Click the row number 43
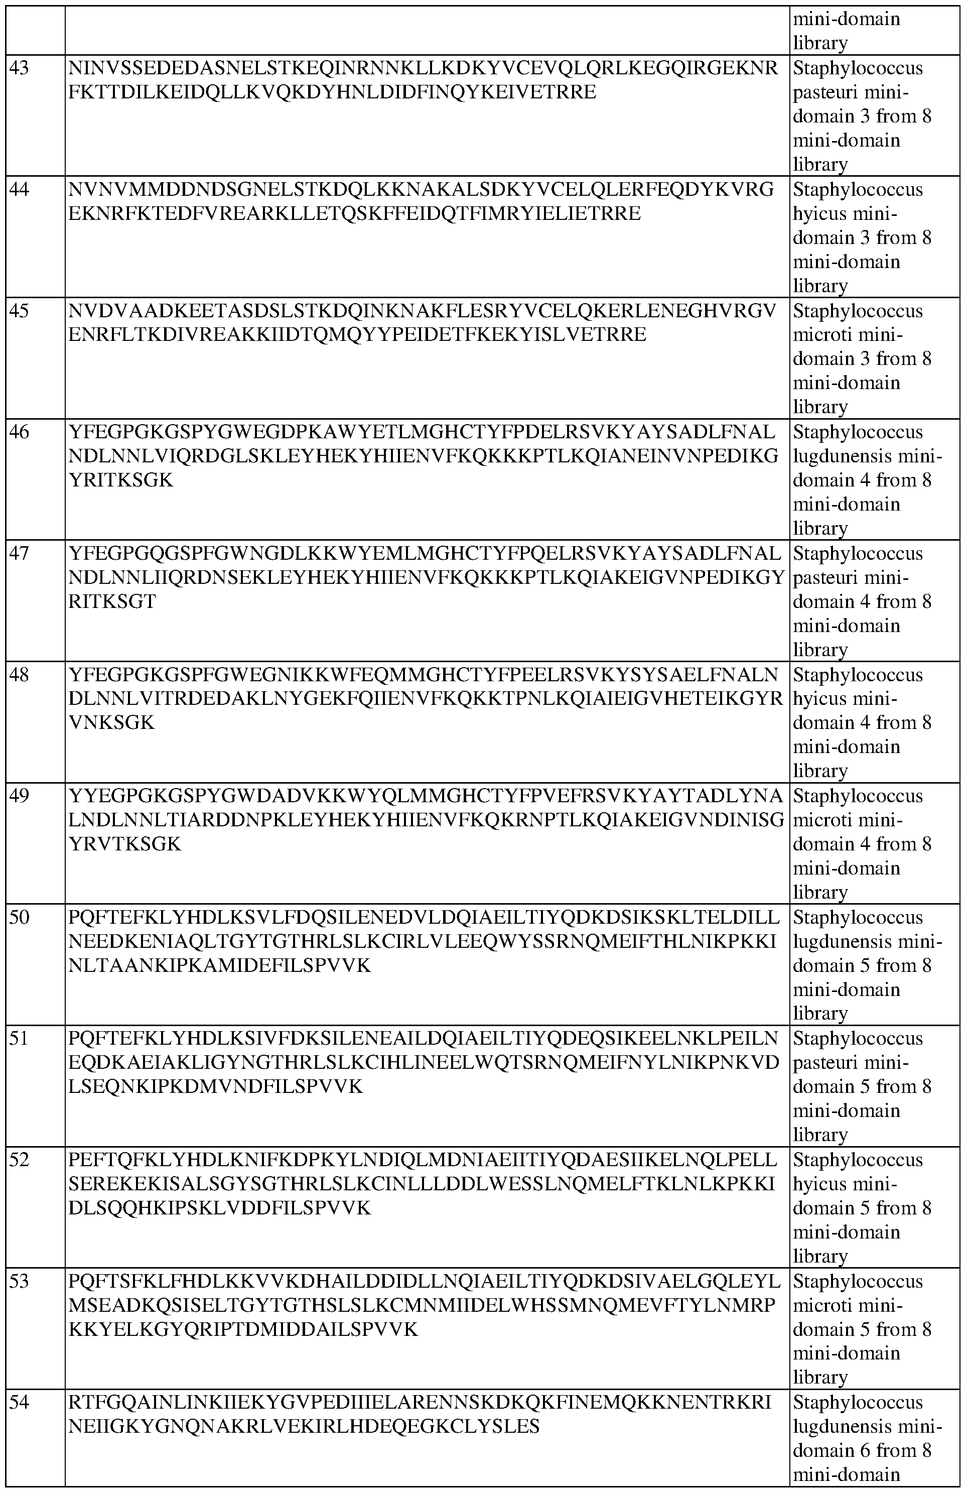(x=20, y=68)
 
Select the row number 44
(x=20, y=189)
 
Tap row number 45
(x=20, y=311)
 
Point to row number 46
(x=20, y=432)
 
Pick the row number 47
(x=20, y=553)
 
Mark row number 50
(x=20, y=918)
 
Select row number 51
(x=20, y=1039)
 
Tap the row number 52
(x=20, y=1160)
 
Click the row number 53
(x=20, y=1282)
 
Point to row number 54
(x=20, y=1403)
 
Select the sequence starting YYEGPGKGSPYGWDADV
(x=426, y=820)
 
